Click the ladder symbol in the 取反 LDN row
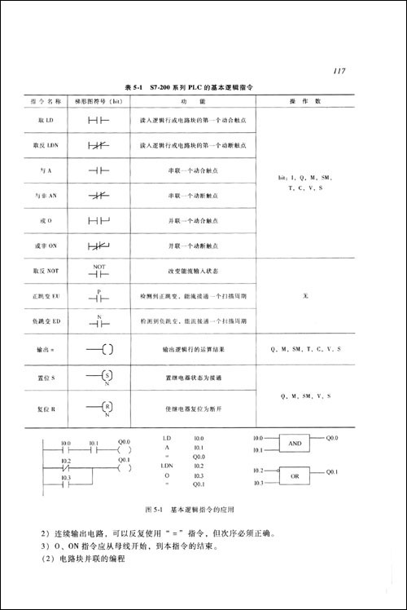pos(98,145)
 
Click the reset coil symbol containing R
pos(103,408)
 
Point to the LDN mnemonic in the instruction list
pos(170,465)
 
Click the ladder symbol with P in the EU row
pos(98,296)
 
